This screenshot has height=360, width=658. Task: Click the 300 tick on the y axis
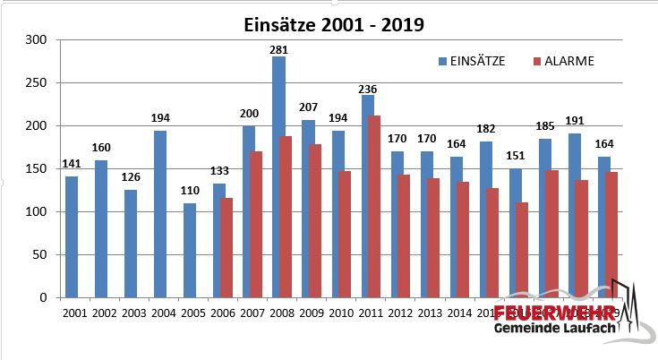point(36,39)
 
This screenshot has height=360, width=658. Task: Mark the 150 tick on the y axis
point(36,168)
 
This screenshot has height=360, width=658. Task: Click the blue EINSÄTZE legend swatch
point(442,62)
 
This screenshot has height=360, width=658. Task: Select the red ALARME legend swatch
point(536,62)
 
